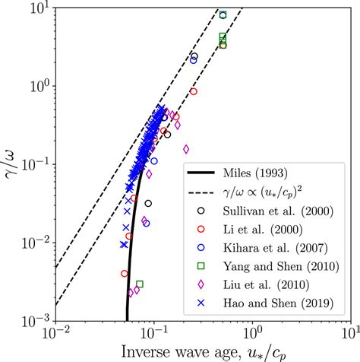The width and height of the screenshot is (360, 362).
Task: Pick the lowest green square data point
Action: point(140,284)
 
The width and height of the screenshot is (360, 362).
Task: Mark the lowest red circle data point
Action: point(125,273)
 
